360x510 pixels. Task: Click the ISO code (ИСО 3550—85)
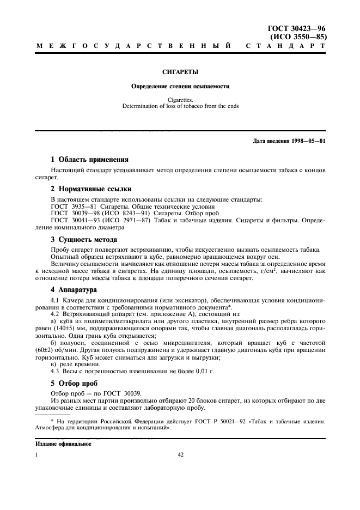click(298, 37)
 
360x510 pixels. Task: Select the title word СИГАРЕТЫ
click(180, 71)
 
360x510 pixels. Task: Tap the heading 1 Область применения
click(89, 160)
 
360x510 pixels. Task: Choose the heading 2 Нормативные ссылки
click(90, 190)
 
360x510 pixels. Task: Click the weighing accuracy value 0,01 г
click(203, 371)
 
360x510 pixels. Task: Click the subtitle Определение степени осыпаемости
click(180, 86)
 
